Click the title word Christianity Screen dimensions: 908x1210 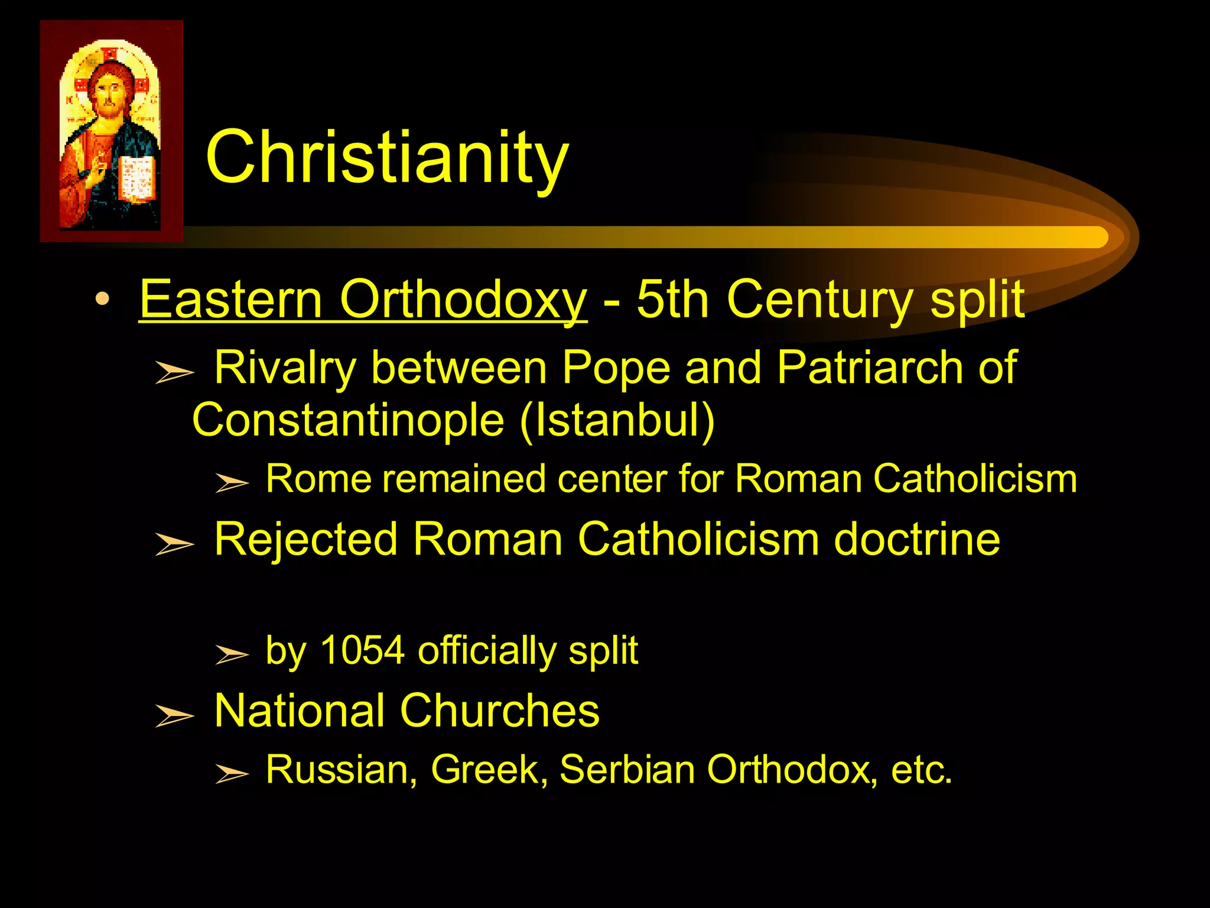click(387, 158)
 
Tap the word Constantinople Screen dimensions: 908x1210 click(348, 420)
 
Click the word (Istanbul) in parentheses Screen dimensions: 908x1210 click(617, 420)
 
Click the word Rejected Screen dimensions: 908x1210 click(305, 540)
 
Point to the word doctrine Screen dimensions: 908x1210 click(916, 539)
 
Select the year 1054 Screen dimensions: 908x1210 click(362, 650)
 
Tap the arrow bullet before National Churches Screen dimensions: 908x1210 click(174, 715)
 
